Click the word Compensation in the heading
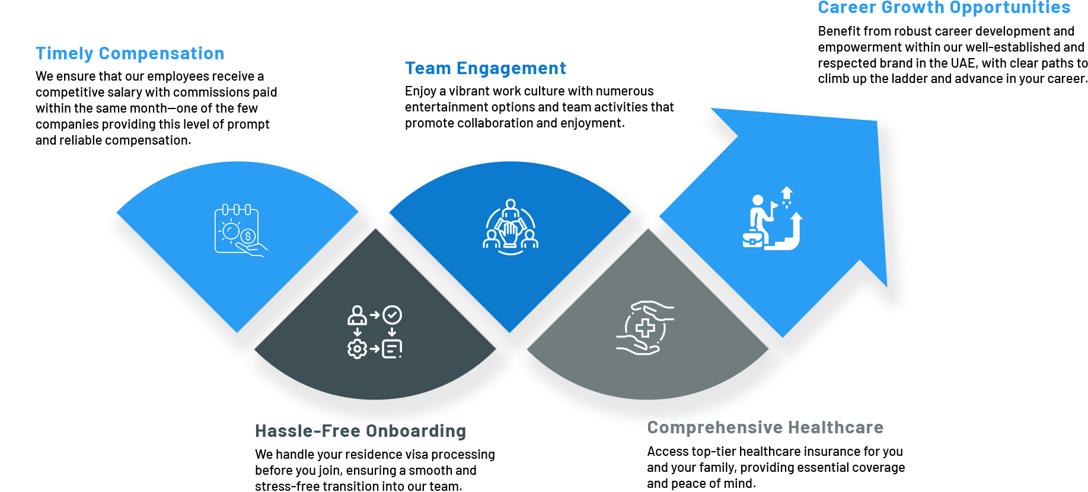[x=161, y=53]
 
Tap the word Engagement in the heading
[x=511, y=69]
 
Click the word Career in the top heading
[x=847, y=8]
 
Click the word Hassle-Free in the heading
[x=287, y=431]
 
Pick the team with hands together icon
[x=511, y=226]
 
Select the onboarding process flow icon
[x=375, y=332]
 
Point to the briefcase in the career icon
[x=752, y=238]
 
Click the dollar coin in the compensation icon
[x=248, y=237]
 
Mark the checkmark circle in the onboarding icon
[x=392, y=315]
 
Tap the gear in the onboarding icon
[x=357, y=349]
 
